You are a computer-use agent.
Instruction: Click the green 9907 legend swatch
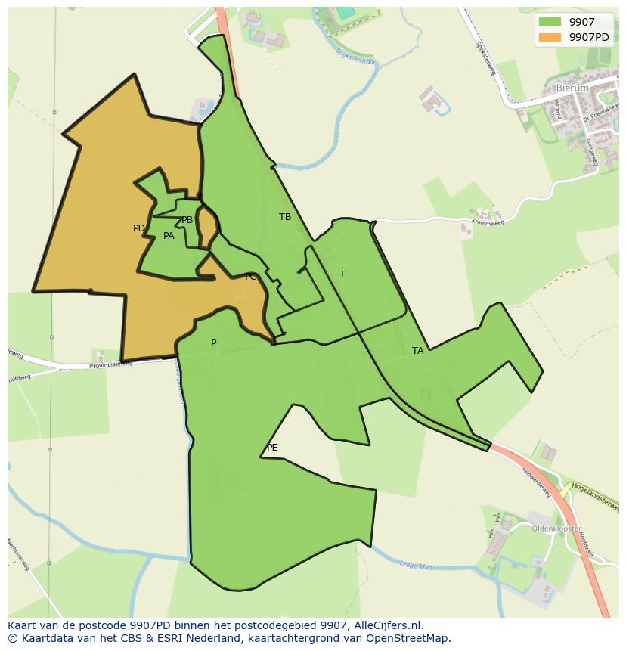click(x=550, y=22)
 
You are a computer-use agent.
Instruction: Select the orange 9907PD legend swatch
click(x=550, y=36)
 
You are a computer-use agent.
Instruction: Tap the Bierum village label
click(x=571, y=88)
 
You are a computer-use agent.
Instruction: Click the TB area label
click(x=285, y=217)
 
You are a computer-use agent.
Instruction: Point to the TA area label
click(x=418, y=351)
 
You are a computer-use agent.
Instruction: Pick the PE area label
click(x=272, y=448)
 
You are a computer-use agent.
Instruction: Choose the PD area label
click(x=139, y=228)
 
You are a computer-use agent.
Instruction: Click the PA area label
click(x=169, y=236)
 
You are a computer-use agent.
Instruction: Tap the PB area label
click(x=187, y=220)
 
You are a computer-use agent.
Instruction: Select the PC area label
click(x=250, y=277)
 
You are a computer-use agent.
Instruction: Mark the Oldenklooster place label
click(x=556, y=529)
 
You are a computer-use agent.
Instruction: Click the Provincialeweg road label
click(x=111, y=364)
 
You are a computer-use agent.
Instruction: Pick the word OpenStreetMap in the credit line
click(x=412, y=638)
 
